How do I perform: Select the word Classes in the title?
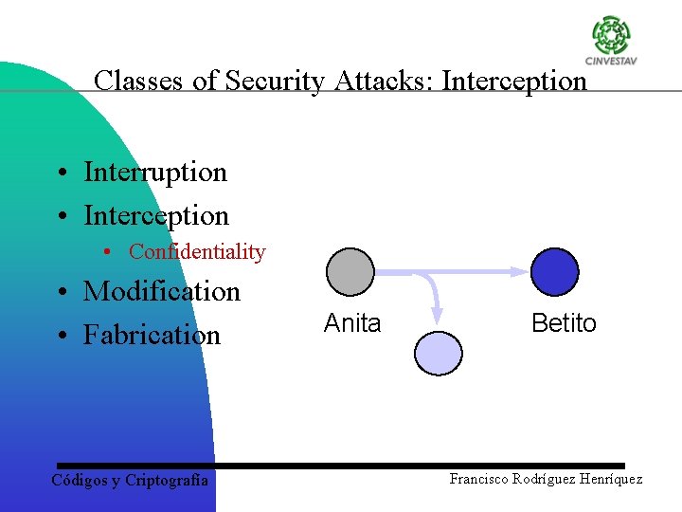[x=139, y=81]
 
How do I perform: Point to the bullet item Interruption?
[x=155, y=173]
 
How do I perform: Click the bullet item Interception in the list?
[x=156, y=216]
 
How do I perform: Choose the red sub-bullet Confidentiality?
[x=197, y=252]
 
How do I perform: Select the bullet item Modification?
[x=162, y=291]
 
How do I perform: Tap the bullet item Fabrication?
[x=152, y=335]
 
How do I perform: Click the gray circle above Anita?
[x=350, y=271]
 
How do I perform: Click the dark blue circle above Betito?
[x=554, y=271]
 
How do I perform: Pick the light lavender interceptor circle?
[x=439, y=352]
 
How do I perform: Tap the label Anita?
[x=352, y=323]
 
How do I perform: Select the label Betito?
[x=564, y=323]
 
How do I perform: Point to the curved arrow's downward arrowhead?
[x=438, y=315]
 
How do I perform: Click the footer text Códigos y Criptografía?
[x=130, y=480]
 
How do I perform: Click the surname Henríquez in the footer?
[x=604, y=479]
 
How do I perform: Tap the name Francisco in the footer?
[x=481, y=479]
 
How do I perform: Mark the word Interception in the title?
[x=514, y=81]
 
